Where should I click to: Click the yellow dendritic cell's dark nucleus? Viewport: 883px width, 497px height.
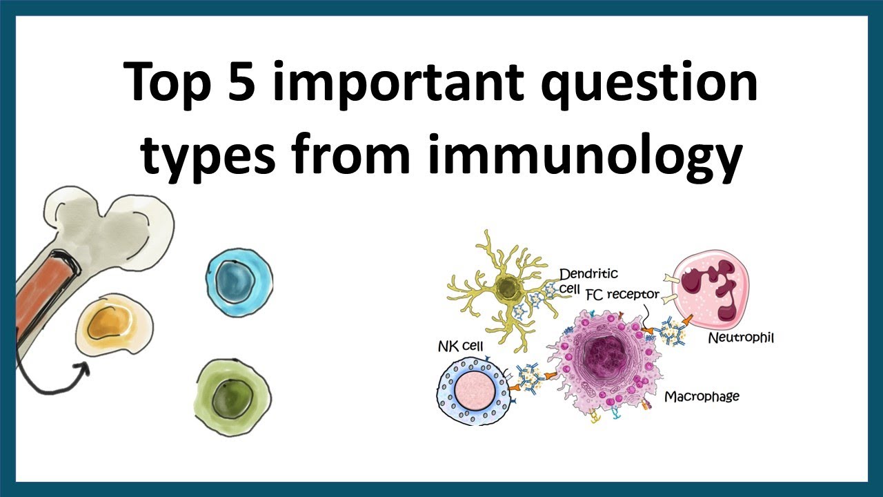point(509,286)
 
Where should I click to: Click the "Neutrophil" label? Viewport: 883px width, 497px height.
point(741,339)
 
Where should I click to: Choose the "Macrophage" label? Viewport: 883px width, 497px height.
point(702,396)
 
